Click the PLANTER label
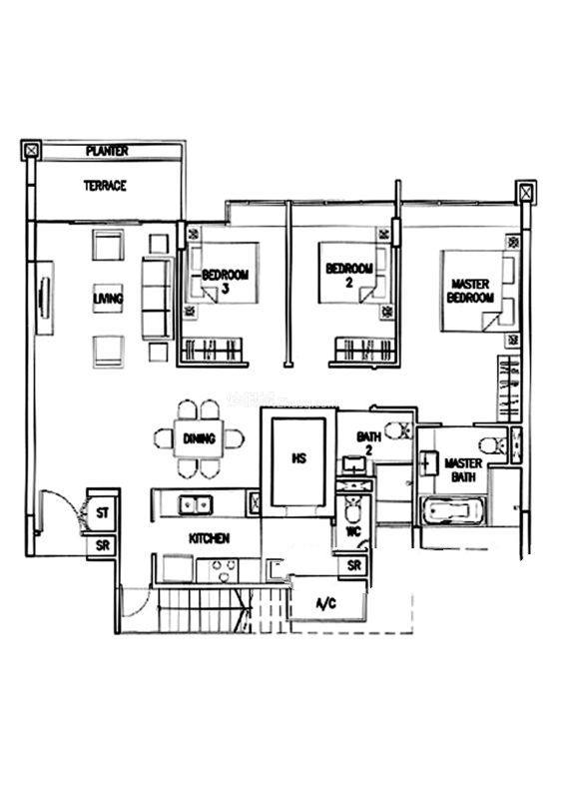tap(107, 151)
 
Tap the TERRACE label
tap(105, 186)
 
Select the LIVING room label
tap(108, 298)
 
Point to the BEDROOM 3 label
tap(226, 282)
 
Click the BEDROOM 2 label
tap(349, 275)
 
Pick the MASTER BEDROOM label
tap(470, 291)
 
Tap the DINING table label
tap(200, 438)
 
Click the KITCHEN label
tap(210, 538)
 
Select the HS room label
tap(299, 458)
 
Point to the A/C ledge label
tap(326, 604)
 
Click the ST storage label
tap(103, 512)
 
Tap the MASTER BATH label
tap(463, 469)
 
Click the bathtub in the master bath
tap(451, 510)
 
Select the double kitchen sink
tap(195, 505)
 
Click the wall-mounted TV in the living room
tap(44, 298)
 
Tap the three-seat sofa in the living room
tap(157, 299)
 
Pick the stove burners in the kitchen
tap(225, 569)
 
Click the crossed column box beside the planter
tap(32, 151)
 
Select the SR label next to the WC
tap(354, 564)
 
